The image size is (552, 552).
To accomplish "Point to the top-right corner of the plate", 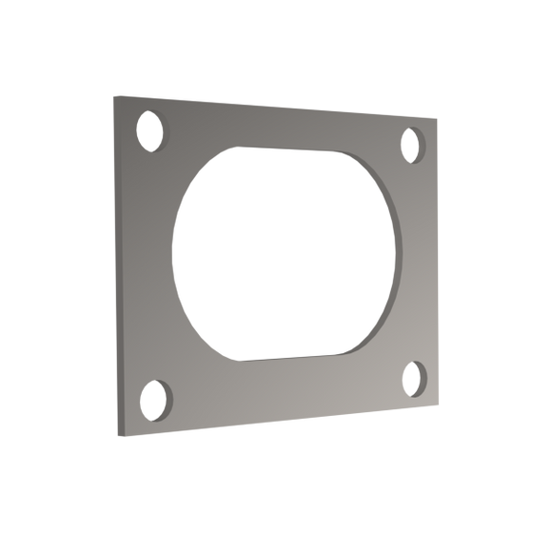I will coord(442,120).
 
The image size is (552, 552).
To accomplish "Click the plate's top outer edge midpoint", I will coord(278,107).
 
